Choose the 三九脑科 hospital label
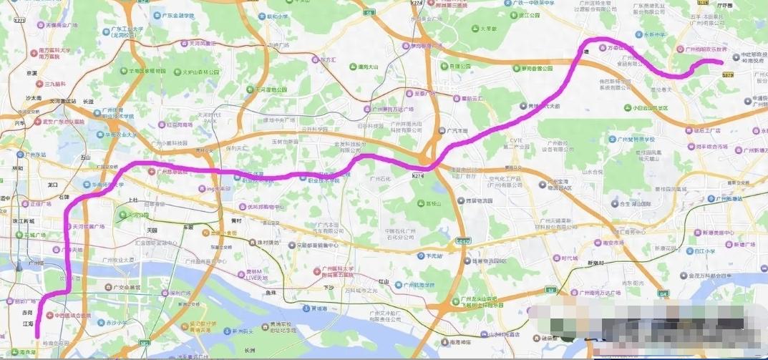pyautogui.click(x=54, y=84)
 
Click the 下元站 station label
pyautogui.click(x=434, y=255)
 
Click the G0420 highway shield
pyautogui.click(x=464, y=241)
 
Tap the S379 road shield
pyautogui.click(x=729, y=74)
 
